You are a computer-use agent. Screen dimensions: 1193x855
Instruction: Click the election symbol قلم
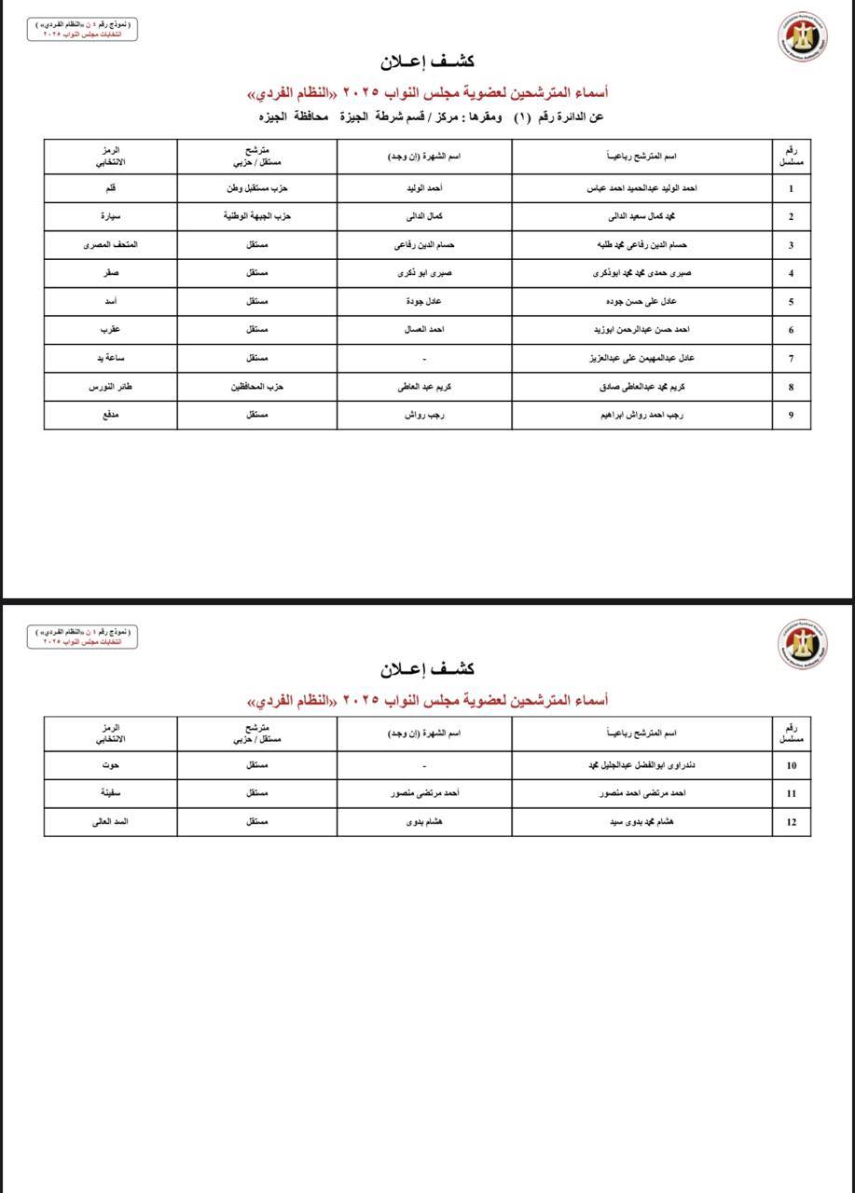pyautogui.click(x=110, y=188)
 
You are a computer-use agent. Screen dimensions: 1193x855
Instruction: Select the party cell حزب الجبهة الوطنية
pyautogui.click(x=256, y=217)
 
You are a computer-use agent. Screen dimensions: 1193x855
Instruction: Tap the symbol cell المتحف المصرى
pyautogui.click(x=110, y=245)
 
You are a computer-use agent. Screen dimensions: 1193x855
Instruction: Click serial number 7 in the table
pyautogui.click(x=791, y=359)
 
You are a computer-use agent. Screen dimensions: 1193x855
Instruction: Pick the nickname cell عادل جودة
pyautogui.click(x=424, y=302)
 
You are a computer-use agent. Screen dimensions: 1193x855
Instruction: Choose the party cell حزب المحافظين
pyautogui.click(x=256, y=387)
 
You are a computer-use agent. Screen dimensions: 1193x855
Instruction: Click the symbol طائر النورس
pyautogui.click(x=110, y=387)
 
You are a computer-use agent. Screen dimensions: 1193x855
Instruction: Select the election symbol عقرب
pyautogui.click(x=110, y=330)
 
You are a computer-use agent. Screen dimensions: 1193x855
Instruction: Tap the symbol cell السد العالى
pyautogui.click(x=110, y=822)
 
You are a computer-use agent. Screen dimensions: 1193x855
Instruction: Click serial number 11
pyautogui.click(x=791, y=794)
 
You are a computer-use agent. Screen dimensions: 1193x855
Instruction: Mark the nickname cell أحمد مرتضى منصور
pyautogui.click(x=424, y=794)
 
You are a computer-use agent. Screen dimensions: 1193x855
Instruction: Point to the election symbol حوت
pyautogui.click(x=110, y=765)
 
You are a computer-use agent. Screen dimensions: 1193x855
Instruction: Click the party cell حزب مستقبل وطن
pyautogui.click(x=256, y=188)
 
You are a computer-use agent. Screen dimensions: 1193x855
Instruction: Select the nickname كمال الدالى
pyautogui.click(x=424, y=217)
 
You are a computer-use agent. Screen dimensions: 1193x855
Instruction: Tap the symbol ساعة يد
pyautogui.click(x=110, y=359)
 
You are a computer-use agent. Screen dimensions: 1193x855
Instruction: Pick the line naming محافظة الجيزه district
pyautogui.click(x=431, y=117)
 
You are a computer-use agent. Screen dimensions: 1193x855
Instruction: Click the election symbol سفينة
pyautogui.click(x=110, y=794)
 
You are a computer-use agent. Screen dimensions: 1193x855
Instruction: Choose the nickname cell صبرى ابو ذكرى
pyautogui.click(x=424, y=274)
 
